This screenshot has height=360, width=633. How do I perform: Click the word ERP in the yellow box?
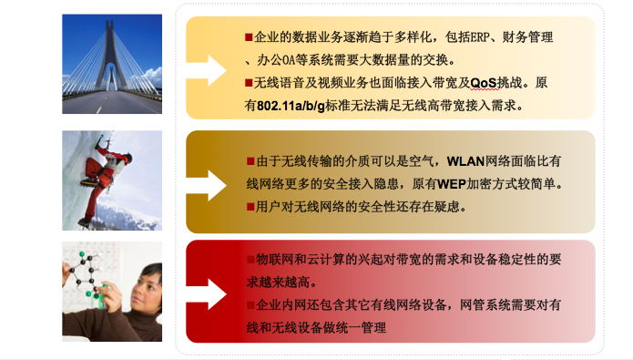[480, 37]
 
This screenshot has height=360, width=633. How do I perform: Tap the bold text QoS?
[484, 83]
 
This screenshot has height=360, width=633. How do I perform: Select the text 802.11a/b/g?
[291, 106]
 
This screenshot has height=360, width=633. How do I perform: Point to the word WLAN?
[465, 161]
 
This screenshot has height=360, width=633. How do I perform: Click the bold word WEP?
[452, 184]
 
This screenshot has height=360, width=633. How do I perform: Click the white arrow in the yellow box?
[206, 70]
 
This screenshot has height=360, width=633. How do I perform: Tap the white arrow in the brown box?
[206, 185]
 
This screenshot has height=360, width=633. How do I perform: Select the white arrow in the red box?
[206, 294]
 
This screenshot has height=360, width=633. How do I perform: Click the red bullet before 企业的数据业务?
[249, 37]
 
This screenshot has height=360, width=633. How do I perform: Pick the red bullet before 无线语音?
[249, 83]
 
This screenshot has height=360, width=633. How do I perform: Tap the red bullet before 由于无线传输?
[250, 161]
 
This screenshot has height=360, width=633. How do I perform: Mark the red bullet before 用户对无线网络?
[250, 207]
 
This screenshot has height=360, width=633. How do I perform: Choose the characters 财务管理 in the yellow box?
[527, 37]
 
